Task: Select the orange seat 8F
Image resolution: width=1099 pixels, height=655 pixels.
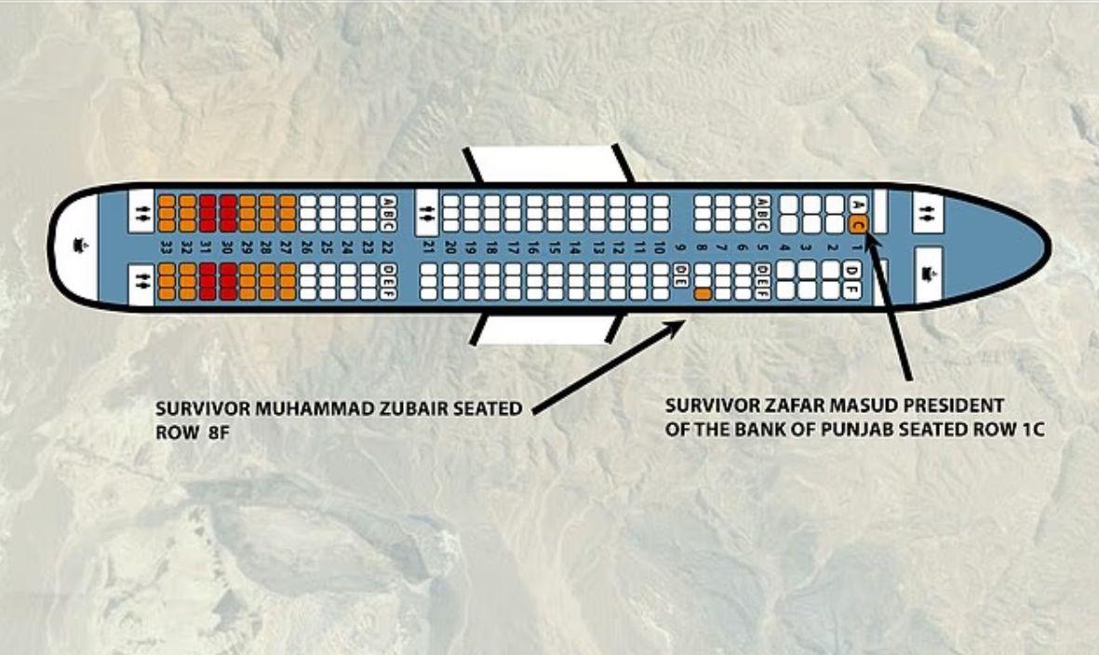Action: (x=703, y=294)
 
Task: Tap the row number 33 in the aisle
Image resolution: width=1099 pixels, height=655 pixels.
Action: (x=167, y=247)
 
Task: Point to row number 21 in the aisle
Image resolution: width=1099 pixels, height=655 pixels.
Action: (x=427, y=247)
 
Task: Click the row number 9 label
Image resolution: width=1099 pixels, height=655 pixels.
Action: (x=679, y=247)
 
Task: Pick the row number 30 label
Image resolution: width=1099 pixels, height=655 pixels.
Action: (x=228, y=247)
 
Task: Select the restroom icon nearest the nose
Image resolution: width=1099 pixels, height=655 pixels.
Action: (x=928, y=210)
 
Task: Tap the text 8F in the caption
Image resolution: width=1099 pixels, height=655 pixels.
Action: (x=219, y=433)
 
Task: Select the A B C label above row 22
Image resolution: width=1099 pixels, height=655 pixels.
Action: (x=388, y=213)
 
